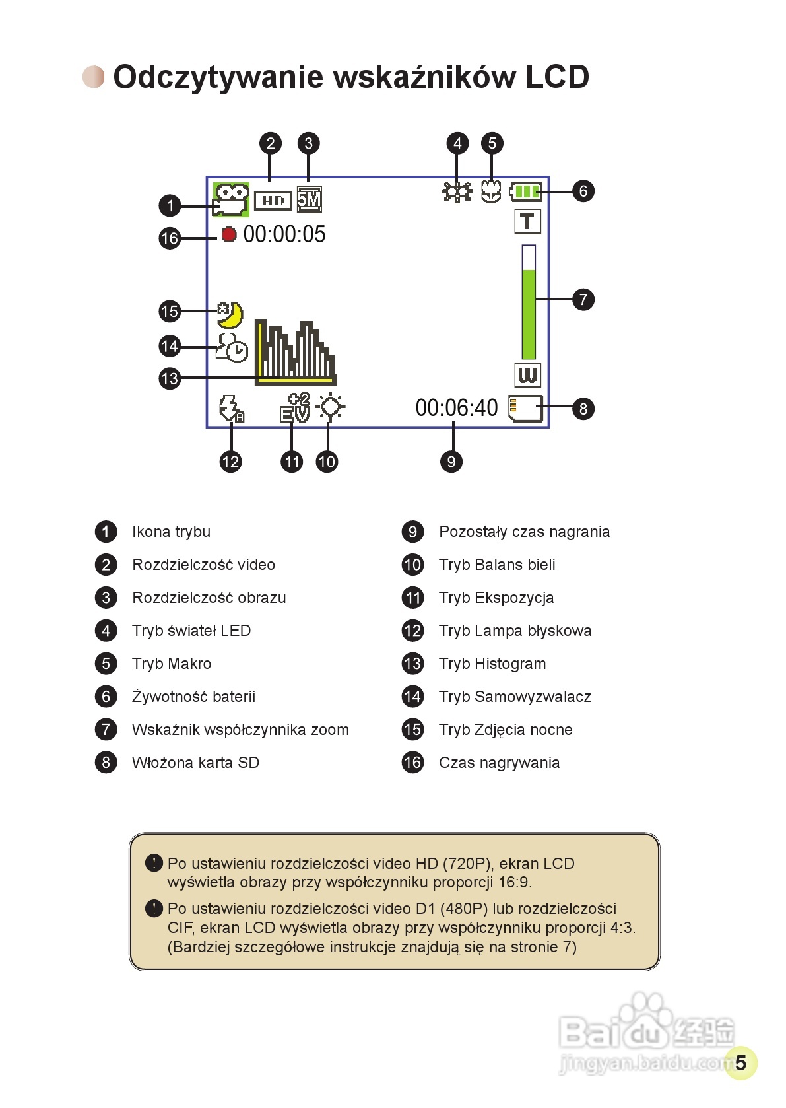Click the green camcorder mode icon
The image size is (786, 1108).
coord(230,199)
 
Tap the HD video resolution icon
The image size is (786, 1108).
coord(273,200)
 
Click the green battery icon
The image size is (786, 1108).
coord(526,192)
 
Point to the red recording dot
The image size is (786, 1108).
coord(228,234)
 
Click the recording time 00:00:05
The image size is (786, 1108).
coord(284,234)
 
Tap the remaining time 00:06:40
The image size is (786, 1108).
coord(456,408)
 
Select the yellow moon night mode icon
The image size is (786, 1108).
coord(230,315)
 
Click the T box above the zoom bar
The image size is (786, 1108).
coord(527,222)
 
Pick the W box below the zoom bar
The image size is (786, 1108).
coord(527,375)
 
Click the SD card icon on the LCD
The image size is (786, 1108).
coord(525,408)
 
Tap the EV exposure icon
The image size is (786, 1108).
coord(294,407)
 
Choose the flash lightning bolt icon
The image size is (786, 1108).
coord(231,408)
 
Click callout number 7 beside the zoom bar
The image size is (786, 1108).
coord(583,300)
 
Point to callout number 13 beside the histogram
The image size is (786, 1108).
coord(170,378)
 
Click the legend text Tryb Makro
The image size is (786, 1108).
coord(172,664)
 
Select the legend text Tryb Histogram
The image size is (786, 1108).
coord(492,664)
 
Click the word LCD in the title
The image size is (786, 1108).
coord(557,77)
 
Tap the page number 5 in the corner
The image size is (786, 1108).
coord(740,1062)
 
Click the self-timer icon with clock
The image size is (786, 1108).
coord(232,347)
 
